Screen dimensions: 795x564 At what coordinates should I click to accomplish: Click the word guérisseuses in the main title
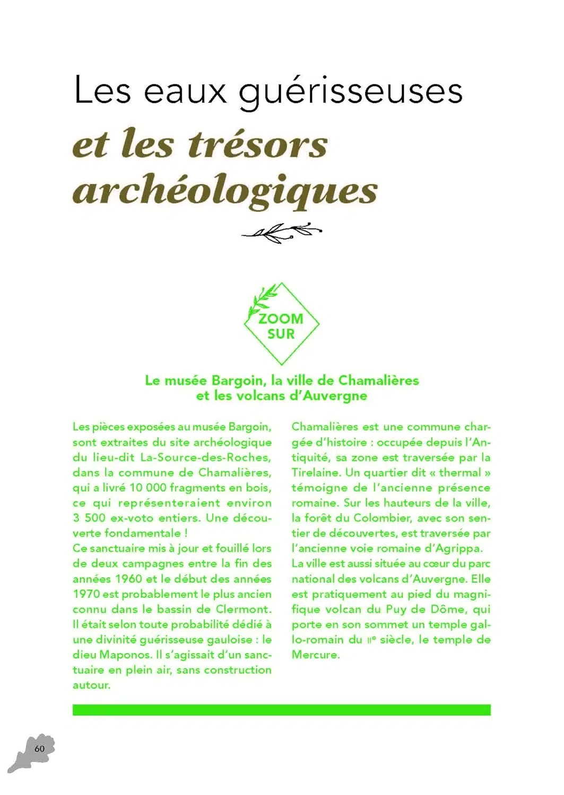[351, 91]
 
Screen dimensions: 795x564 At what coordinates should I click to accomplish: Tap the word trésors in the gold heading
[258, 144]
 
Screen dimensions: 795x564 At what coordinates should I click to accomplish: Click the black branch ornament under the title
[281, 232]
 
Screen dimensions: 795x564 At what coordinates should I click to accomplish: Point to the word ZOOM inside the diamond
[281, 319]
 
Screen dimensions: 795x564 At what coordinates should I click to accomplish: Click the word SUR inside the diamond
[281, 334]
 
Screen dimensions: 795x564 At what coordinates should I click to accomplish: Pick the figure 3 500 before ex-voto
[89, 518]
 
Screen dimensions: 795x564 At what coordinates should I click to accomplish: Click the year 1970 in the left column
[86, 594]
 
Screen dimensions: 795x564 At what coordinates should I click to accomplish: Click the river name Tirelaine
[316, 473]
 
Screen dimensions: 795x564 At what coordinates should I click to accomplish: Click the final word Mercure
[315, 655]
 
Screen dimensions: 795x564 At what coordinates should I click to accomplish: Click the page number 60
[39, 748]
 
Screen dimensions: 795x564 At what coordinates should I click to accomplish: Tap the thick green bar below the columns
[281, 710]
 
